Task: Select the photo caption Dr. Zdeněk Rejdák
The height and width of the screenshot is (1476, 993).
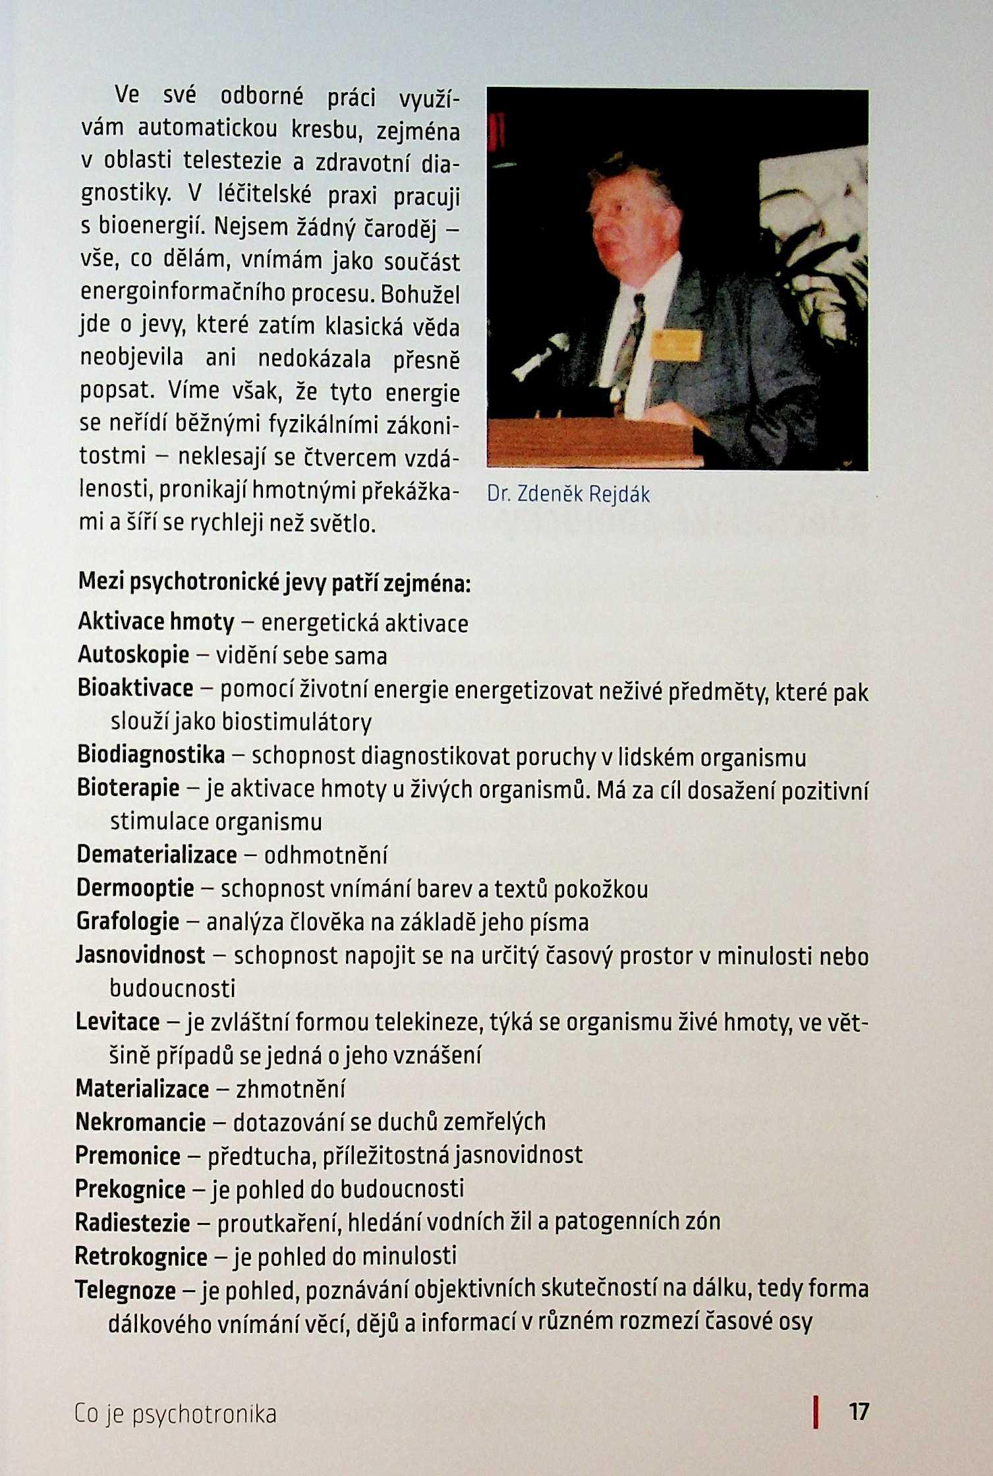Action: [568, 494]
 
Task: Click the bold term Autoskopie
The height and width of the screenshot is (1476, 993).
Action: [134, 655]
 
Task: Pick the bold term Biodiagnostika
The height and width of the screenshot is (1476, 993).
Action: [151, 755]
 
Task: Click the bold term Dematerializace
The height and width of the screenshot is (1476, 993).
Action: [157, 855]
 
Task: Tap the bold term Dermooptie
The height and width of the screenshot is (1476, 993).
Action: [135, 888]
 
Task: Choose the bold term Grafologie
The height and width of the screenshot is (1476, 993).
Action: [128, 921]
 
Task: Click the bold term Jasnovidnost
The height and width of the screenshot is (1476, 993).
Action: [140, 955]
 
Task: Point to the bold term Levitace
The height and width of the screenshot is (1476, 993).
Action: [118, 1022]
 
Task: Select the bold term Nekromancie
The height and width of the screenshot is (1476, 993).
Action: [140, 1121]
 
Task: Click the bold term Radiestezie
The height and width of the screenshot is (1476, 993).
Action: [132, 1222]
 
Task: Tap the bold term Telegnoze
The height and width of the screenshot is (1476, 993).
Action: [125, 1290]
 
